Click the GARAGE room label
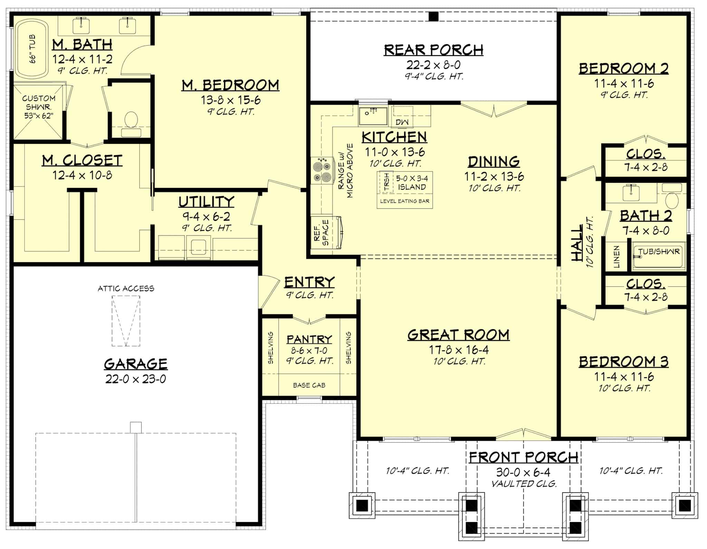click(136, 364)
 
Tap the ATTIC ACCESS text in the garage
click(126, 288)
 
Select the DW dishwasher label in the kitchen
click(402, 122)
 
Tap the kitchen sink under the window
click(373, 116)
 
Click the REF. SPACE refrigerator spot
click(321, 233)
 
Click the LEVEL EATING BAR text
click(405, 201)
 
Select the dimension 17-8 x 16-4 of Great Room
click(459, 350)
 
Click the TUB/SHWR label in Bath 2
click(659, 252)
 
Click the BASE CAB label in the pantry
click(309, 385)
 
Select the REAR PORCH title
click(434, 50)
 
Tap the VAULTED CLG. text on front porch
click(524, 484)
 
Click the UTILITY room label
click(206, 202)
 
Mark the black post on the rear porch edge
click(434, 17)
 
